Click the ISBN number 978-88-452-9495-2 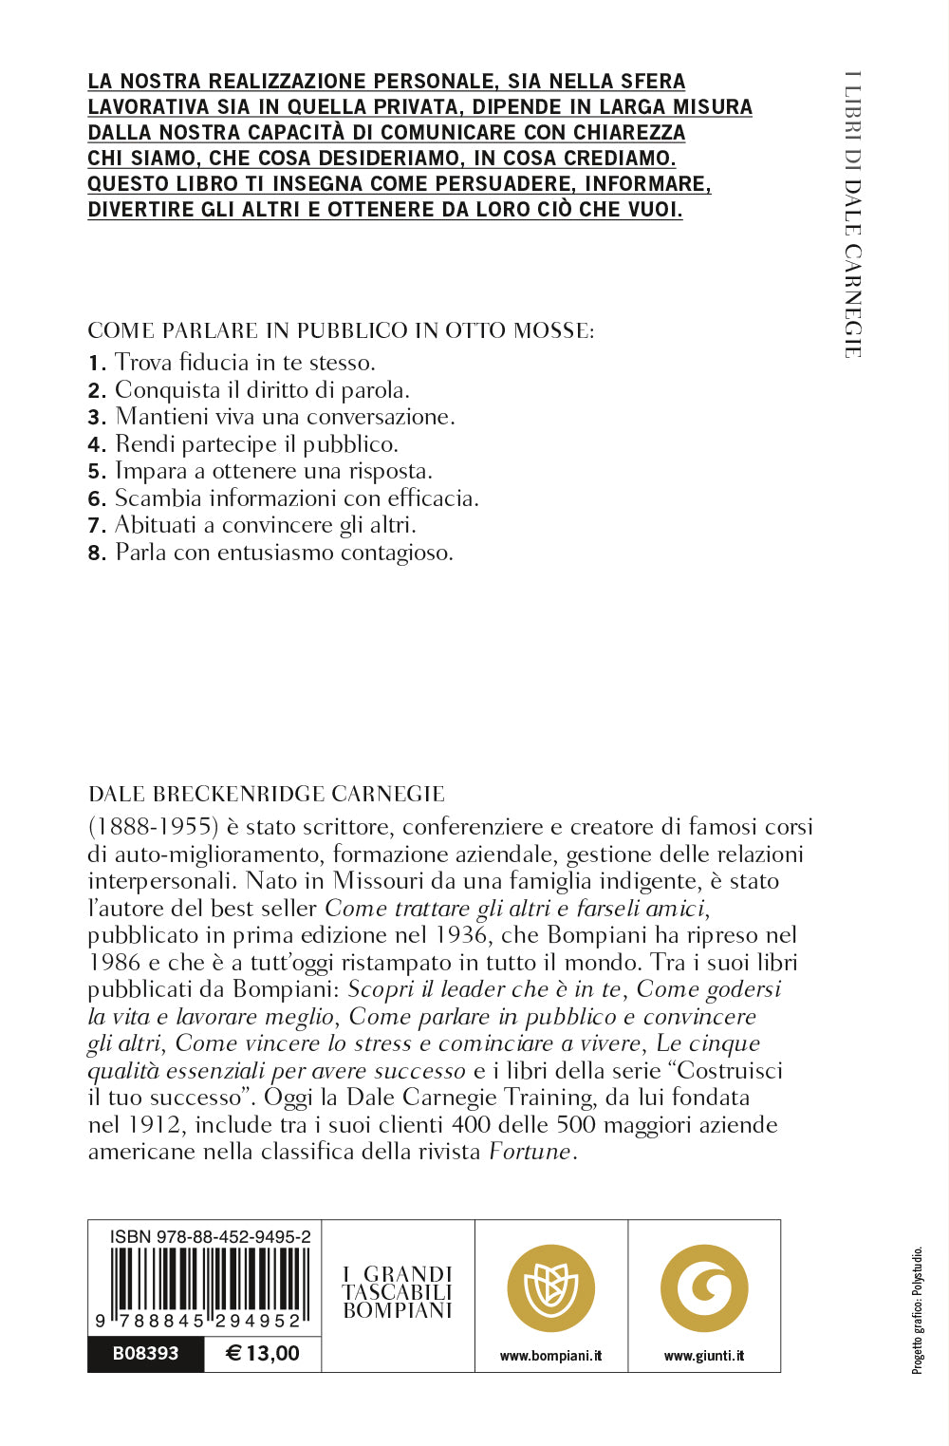tap(210, 1236)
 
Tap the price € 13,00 tap(263, 1353)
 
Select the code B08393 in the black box tap(145, 1353)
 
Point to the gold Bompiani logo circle tap(550, 1288)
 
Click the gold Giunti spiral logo tap(704, 1288)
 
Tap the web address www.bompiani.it tap(550, 1356)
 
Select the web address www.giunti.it tap(704, 1356)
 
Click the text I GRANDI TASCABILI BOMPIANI tap(398, 1292)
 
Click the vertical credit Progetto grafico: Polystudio tap(918, 1310)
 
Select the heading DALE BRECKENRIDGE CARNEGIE tap(267, 794)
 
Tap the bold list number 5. tap(96, 471)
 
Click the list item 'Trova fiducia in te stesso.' tap(245, 362)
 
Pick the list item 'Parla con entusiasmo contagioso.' tap(284, 552)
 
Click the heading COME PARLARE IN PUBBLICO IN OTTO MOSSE tap(341, 330)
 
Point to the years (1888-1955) tap(154, 827)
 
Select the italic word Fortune tap(530, 1152)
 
